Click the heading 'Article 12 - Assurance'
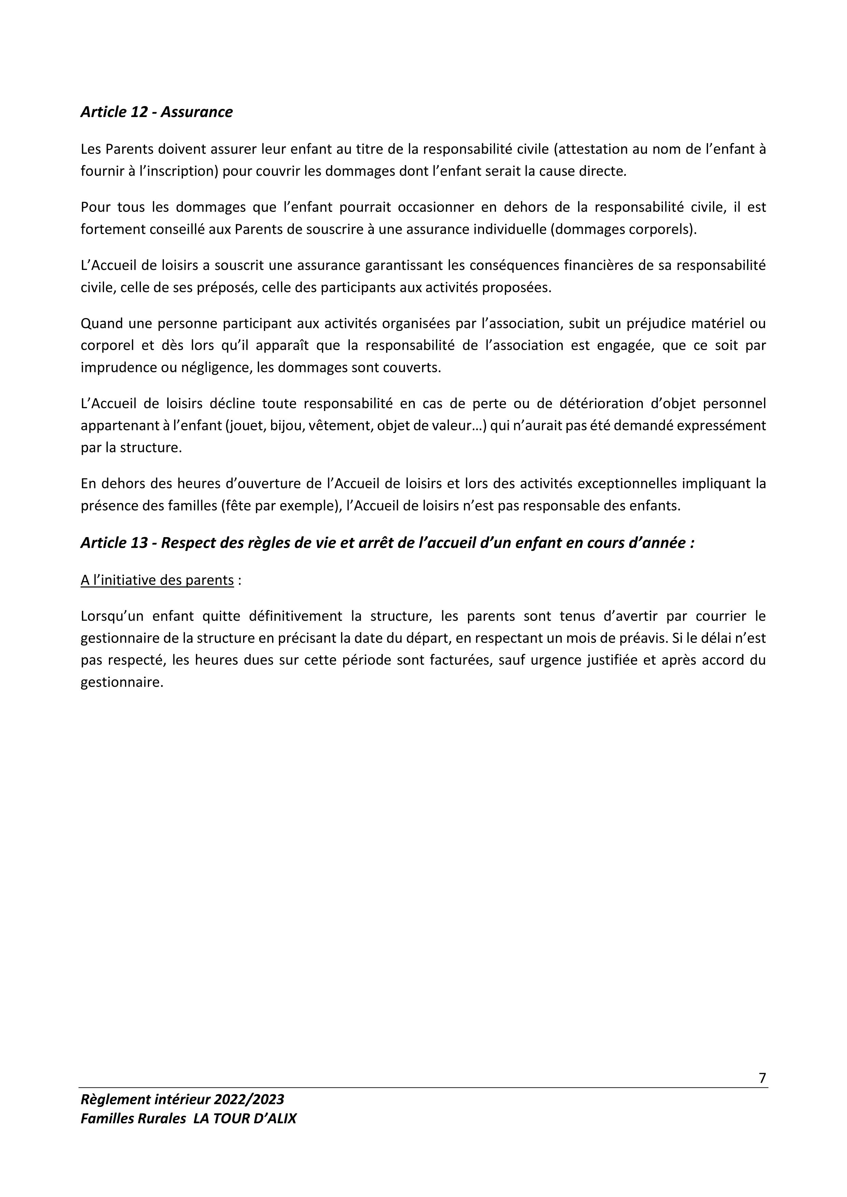click(156, 112)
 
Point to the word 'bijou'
click(285, 426)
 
